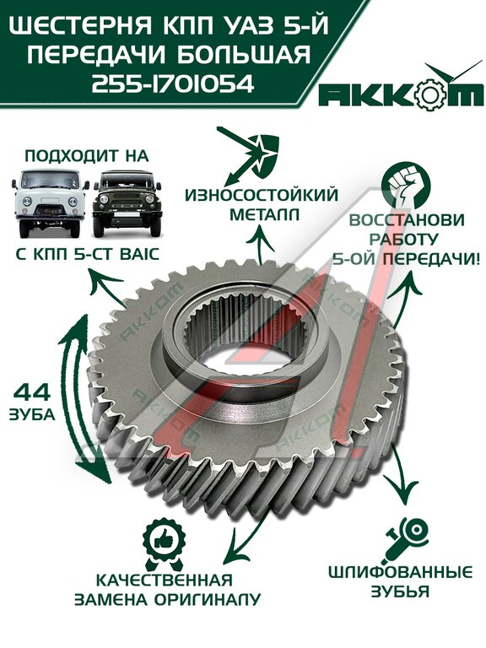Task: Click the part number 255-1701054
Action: pyautogui.click(x=172, y=84)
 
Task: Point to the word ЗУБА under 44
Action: pyautogui.click(x=32, y=414)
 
